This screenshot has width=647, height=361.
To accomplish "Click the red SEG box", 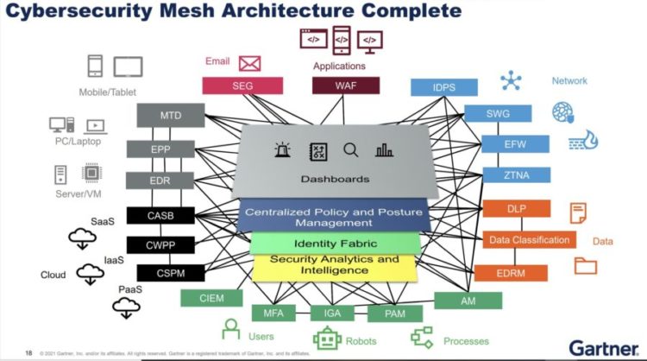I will click(236, 85).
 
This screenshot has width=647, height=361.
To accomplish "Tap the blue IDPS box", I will click(445, 87).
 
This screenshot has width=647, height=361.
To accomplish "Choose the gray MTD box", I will click(170, 115).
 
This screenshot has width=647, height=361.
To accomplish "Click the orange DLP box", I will click(516, 208).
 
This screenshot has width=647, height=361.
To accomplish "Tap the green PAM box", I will click(393, 313).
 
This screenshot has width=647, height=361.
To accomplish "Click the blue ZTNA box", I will click(515, 174).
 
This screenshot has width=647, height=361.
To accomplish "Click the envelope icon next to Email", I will click(250, 63).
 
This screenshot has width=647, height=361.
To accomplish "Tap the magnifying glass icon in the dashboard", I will click(350, 149).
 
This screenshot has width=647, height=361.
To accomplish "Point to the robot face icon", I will click(326, 340).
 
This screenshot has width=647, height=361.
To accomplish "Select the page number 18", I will click(28, 352).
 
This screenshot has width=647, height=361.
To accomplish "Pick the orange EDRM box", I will click(511, 272).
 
